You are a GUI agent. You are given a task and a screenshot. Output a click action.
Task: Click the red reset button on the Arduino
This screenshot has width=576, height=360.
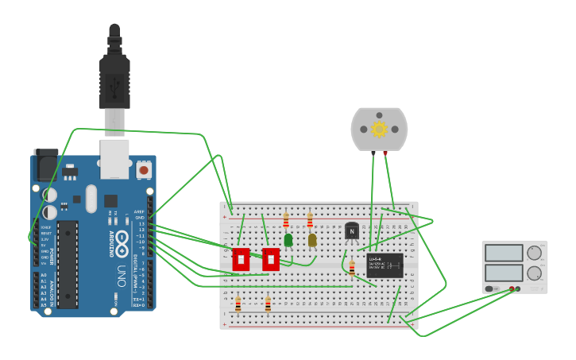click(x=144, y=169)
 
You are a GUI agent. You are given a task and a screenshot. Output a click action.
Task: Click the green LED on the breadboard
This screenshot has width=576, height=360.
click(x=288, y=238)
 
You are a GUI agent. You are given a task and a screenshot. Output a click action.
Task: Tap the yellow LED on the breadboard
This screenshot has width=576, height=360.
click(x=312, y=239)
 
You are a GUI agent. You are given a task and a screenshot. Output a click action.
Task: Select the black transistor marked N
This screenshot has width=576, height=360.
click(x=352, y=230)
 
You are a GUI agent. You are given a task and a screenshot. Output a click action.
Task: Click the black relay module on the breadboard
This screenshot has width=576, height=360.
click(x=385, y=265)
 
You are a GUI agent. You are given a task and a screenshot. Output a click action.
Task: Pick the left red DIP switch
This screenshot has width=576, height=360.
click(x=241, y=258)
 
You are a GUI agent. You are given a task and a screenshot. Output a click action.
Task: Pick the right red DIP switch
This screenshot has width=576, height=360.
click(x=270, y=258)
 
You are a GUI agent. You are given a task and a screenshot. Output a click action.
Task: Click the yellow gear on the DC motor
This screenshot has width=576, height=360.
click(x=379, y=129)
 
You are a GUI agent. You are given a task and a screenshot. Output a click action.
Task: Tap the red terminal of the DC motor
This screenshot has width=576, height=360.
click(x=385, y=151)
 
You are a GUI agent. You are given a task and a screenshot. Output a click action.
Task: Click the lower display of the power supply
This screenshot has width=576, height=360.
click(x=503, y=273)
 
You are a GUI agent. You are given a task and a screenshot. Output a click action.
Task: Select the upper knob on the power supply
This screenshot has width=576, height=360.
click(x=535, y=254)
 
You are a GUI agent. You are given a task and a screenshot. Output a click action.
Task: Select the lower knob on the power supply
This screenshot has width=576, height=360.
click(x=535, y=273)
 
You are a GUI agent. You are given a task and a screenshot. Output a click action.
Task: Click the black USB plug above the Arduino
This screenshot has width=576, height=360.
click(x=114, y=79)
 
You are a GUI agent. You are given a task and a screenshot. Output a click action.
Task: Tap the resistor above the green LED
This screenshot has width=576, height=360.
click(x=286, y=220)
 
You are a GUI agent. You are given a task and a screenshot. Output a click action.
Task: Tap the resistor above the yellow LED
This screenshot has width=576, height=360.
click(x=310, y=220)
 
